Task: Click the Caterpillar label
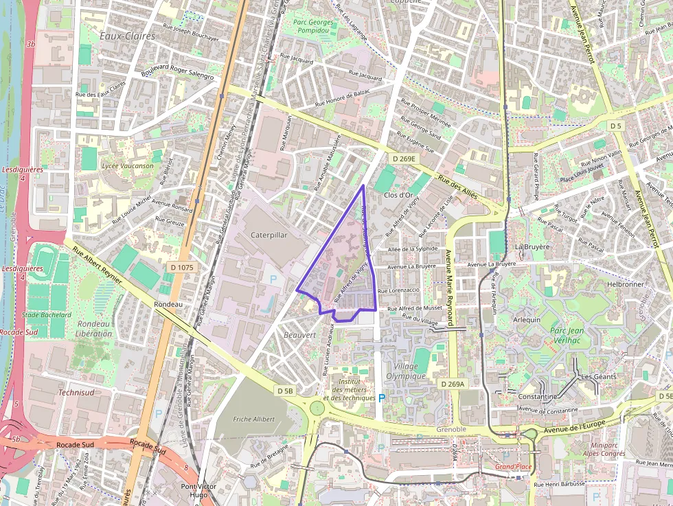click(269, 234)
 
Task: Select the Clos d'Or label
click(398, 195)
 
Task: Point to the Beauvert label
click(299, 335)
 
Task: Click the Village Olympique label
click(406, 371)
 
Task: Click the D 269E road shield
click(404, 159)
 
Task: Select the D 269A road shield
click(453, 384)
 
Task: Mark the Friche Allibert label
click(253, 419)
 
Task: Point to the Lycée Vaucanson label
click(127, 165)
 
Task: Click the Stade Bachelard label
click(47, 315)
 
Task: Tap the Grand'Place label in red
click(513, 468)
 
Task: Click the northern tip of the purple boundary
click(363, 185)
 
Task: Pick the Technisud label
click(76, 393)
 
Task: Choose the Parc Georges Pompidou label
click(313, 26)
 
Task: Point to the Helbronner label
click(626, 284)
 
